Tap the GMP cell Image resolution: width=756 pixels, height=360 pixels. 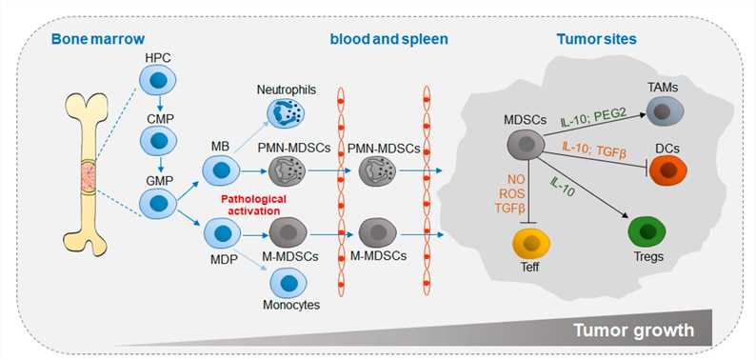pos(154,202)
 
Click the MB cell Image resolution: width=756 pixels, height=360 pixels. pos(221,172)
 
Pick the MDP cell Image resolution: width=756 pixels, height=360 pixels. pos(221,232)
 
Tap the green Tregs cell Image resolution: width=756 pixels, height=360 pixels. pos(647,232)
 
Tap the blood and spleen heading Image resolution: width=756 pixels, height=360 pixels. pos(388,40)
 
